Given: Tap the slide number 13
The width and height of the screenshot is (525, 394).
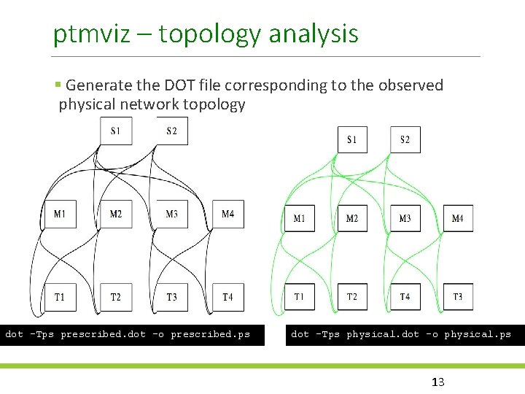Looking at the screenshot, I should click(x=438, y=382).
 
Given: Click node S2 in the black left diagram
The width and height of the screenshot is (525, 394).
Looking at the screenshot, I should click(x=172, y=131).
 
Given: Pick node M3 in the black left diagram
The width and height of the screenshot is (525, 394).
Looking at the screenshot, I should click(x=172, y=214).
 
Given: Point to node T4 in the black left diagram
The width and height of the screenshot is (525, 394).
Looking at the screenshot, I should click(x=227, y=297).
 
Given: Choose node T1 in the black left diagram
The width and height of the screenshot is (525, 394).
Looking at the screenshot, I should click(x=60, y=297).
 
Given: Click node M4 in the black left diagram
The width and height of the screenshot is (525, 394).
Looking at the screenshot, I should click(x=227, y=214).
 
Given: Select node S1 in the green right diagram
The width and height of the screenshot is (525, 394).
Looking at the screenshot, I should click(x=352, y=139).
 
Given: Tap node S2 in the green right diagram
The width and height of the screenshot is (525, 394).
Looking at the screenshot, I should click(x=405, y=139).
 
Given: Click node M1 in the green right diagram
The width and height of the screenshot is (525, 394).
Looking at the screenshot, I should click(x=300, y=218).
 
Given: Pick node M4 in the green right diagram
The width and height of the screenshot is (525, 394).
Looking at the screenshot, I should click(x=458, y=218).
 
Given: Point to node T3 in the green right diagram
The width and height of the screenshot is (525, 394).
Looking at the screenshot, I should click(x=458, y=296).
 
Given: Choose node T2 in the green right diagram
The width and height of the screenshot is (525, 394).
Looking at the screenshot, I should click(x=352, y=296).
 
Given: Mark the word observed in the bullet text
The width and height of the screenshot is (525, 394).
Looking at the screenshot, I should click(x=411, y=85).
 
